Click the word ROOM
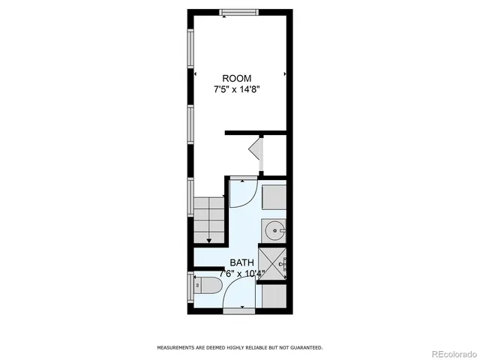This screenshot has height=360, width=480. coord(236,79)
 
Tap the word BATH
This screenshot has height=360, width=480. coord(241,262)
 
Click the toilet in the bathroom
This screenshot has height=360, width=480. coord(206,286)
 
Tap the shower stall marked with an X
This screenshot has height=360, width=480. coord(274,265)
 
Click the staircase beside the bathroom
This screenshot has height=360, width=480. coord(209,220)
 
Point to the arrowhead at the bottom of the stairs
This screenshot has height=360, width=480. coord(209,240)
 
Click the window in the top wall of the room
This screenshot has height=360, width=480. coord(239,11)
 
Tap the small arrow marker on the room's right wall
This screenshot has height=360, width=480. coord(285,75)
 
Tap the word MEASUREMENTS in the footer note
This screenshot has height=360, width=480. coord(177,347)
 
